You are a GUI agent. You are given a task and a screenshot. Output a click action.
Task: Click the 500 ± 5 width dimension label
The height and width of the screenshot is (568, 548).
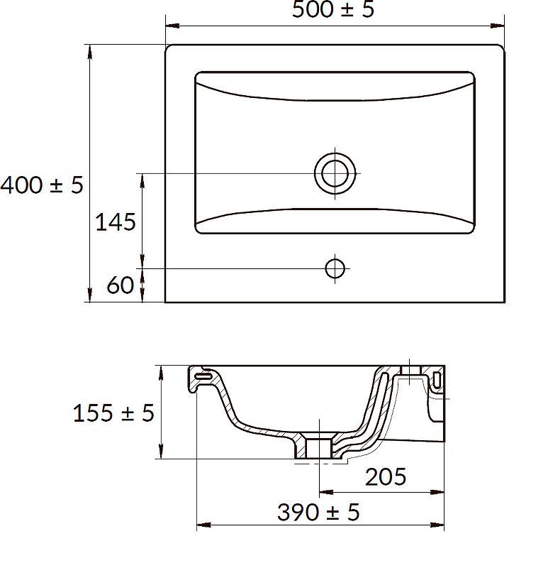(x=332, y=9)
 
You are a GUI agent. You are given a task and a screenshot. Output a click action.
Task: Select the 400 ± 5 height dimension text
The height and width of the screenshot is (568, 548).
(x=42, y=185)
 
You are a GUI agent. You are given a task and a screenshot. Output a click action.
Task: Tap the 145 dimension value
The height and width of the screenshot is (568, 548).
(x=116, y=222)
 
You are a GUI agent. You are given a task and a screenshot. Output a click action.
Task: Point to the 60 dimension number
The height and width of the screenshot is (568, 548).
(x=121, y=285)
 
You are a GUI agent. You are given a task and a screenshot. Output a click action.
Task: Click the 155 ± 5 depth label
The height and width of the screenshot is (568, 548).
(x=113, y=413)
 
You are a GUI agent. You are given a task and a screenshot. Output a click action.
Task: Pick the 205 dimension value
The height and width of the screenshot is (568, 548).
(x=386, y=476)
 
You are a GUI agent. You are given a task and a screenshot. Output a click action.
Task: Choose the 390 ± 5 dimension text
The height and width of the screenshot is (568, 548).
(x=318, y=512)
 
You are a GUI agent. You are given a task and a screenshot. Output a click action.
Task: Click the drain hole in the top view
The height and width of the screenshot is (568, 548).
(x=335, y=173)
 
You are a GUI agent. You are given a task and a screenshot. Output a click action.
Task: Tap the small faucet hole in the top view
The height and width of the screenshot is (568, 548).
(x=335, y=269)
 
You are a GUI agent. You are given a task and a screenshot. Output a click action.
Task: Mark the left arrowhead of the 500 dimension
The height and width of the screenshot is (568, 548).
(x=172, y=26)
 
